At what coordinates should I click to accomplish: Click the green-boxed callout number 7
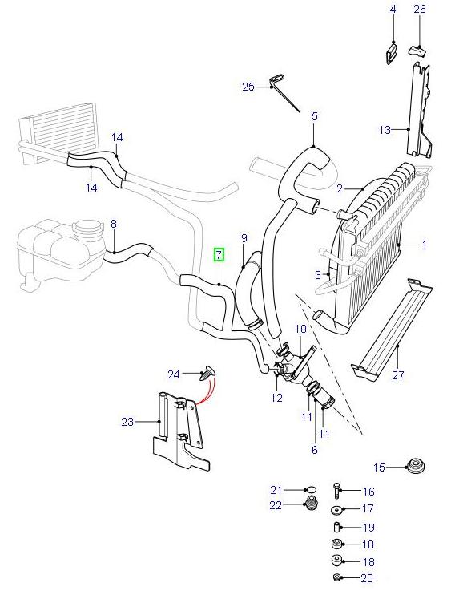coord(219,256)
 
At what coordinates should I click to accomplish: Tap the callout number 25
coord(248,87)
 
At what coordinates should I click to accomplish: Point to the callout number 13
coord(385,128)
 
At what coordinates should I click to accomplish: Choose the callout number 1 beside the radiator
coord(425,244)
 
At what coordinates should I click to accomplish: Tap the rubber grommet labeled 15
coord(415,466)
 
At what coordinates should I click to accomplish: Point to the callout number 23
coord(127,420)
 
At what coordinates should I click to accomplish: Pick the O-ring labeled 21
coord(310,490)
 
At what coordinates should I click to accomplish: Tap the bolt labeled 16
coord(336,492)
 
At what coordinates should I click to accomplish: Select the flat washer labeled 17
coord(337,509)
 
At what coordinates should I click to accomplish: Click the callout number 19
coord(368,528)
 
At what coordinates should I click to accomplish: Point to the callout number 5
coord(314,116)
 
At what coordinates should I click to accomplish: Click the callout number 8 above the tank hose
coord(113,225)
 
